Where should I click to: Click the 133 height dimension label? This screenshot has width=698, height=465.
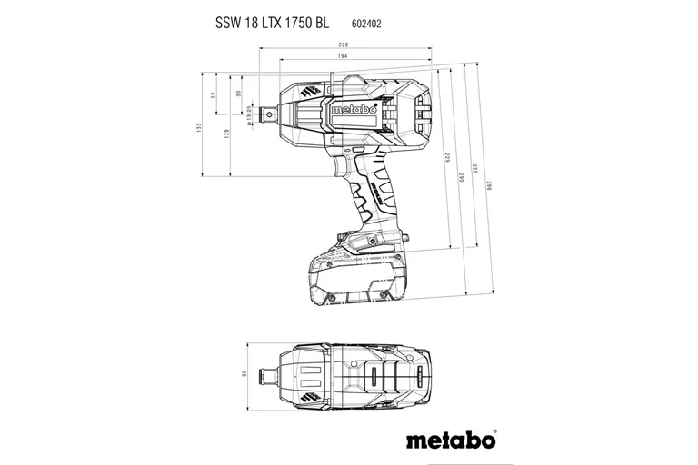pyautogui.click(x=199, y=130)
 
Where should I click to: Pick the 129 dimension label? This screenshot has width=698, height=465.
pyautogui.click(x=227, y=133)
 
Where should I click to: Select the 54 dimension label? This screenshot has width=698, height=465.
pyautogui.click(x=213, y=94)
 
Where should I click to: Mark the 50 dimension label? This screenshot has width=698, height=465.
pyautogui.click(x=238, y=94)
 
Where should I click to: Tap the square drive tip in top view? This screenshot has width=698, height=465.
pyautogui.click(x=271, y=373)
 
